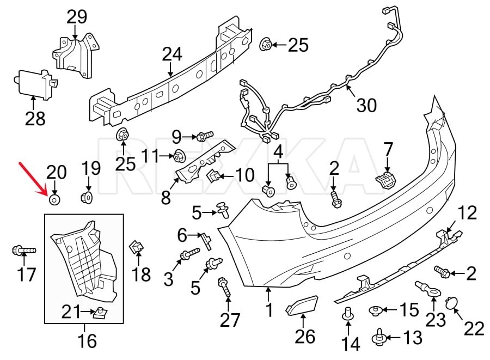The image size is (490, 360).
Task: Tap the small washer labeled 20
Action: (55, 200)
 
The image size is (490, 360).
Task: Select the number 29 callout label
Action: (77, 16)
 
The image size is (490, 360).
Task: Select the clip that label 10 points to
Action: (214, 175)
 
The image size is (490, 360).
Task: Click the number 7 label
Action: (388, 148)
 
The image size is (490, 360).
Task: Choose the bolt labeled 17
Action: (22, 251)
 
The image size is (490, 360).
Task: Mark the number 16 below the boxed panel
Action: (87, 341)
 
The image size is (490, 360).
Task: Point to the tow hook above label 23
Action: (427, 286)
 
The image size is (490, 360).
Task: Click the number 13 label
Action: (412, 338)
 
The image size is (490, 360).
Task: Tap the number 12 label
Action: (467, 213)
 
